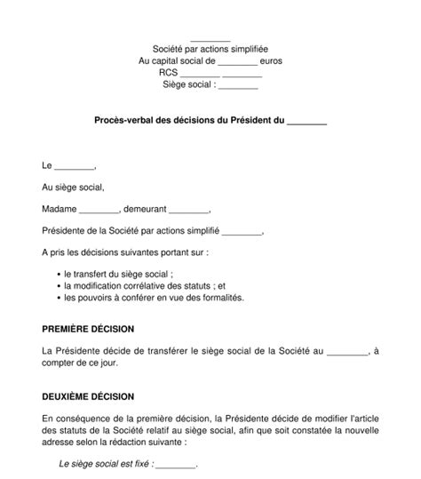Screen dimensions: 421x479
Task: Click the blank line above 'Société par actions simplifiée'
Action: click(x=210, y=39)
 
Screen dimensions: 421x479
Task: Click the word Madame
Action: click(x=60, y=211)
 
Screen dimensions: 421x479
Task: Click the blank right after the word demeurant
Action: click(x=188, y=212)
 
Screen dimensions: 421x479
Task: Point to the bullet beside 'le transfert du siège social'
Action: click(x=57, y=274)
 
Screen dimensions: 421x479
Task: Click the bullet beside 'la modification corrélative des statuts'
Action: click(x=57, y=286)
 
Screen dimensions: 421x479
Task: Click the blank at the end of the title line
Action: click(x=307, y=123)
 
